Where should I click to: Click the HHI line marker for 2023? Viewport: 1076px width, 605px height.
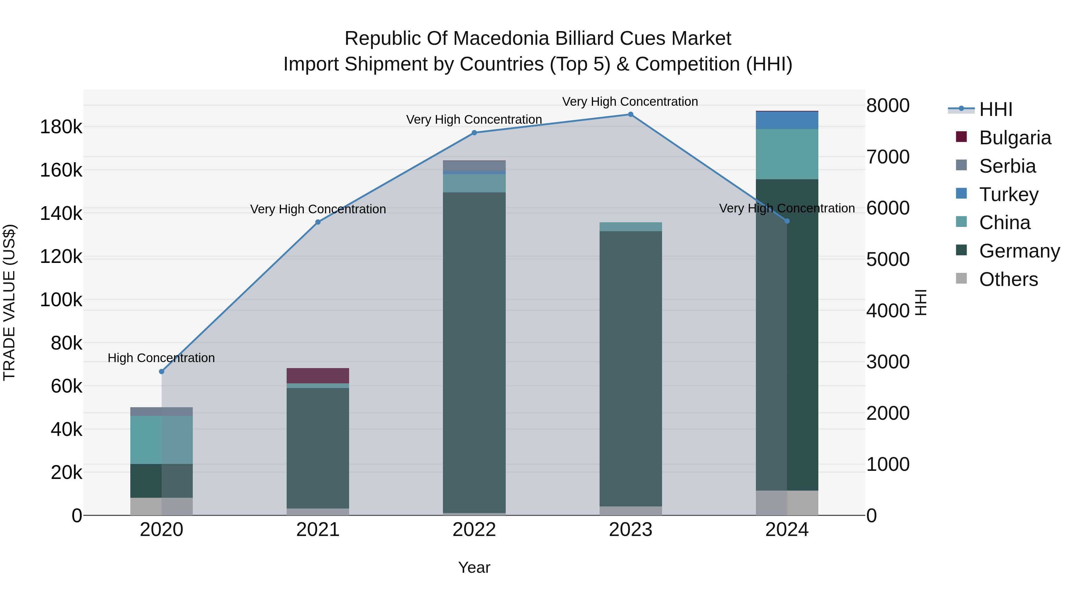[x=630, y=114]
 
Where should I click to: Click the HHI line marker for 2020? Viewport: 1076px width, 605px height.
[x=162, y=372]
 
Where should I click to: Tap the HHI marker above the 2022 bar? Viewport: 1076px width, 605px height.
[x=474, y=133]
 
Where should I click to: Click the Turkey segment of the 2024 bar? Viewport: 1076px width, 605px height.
[x=787, y=120]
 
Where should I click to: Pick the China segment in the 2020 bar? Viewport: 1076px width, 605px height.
[x=162, y=440]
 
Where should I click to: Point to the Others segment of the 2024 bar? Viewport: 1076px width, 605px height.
[x=787, y=503]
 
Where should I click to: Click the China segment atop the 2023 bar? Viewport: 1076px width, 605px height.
[x=630, y=227]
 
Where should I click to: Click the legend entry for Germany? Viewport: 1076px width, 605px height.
[x=1019, y=251]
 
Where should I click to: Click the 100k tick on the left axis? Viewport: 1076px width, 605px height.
[x=61, y=300]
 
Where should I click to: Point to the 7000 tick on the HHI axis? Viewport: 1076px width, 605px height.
[x=888, y=157]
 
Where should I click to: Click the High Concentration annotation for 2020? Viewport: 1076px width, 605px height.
[x=161, y=358]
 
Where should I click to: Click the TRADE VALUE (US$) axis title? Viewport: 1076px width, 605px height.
[x=9, y=302]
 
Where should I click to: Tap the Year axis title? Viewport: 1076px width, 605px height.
[x=474, y=567]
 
